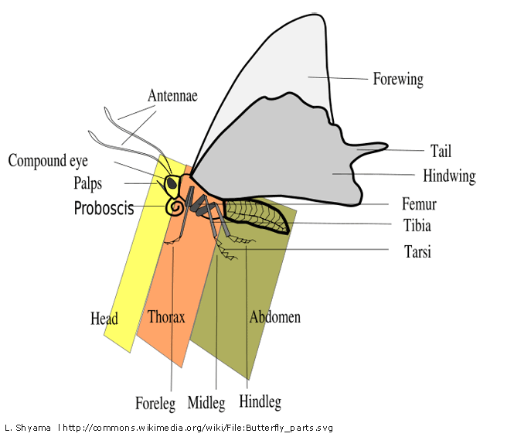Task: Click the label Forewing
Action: (x=397, y=79)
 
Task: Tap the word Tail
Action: (x=440, y=151)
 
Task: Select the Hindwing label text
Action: (x=448, y=176)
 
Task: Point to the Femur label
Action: (x=419, y=205)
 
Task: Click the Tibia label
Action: (x=417, y=227)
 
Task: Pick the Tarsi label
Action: (x=417, y=251)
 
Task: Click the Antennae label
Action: (x=172, y=97)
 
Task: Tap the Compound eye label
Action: (x=49, y=162)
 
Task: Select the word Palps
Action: (x=88, y=184)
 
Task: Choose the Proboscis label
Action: (x=104, y=209)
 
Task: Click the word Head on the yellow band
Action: (x=104, y=318)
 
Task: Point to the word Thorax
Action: (x=165, y=317)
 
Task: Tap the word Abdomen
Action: (x=274, y=317)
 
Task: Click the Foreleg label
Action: (x=155, y=403)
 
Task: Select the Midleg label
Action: (x=206, y=403)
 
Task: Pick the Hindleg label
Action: (x=260, y=402)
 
